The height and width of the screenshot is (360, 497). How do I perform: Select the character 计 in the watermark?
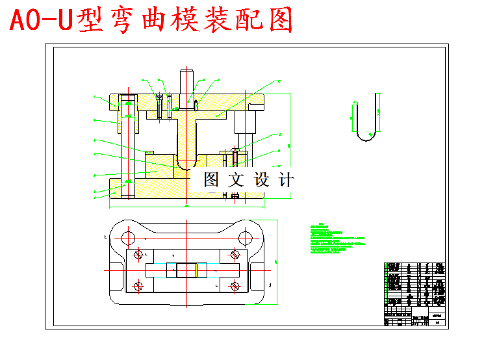click(x=285, y=180)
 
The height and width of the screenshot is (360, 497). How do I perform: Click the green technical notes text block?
click(x=338, y=240)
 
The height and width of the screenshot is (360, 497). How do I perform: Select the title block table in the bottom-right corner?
click(x=415, y=293)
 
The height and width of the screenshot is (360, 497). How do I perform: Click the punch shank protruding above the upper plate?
click(x=187, y=81)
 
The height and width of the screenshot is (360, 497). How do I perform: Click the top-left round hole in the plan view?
click(x=128, y=237)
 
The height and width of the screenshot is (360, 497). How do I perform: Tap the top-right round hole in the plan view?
click(x=246, y=237)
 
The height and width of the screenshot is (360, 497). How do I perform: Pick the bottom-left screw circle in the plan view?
click(x=138, y=285)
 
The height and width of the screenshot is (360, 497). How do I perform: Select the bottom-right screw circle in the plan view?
click(x=233, y=285)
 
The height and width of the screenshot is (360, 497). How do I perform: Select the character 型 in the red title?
click(x=91, y=20)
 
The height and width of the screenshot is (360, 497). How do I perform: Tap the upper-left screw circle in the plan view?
click(x=138, y=254)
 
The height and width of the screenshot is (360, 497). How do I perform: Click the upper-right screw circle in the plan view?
click(x=233, y=254)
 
